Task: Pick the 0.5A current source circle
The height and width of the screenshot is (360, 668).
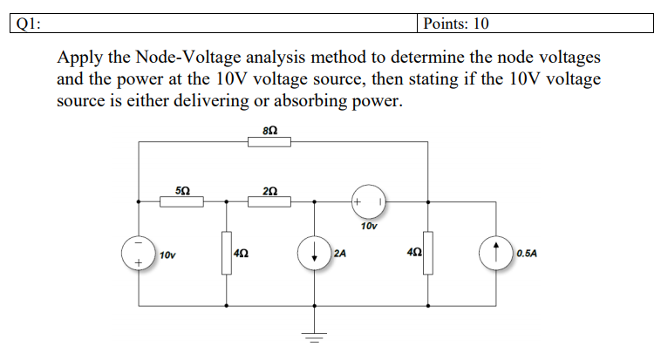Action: click(496, 254)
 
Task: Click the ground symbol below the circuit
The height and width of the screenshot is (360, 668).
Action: click(315, 336)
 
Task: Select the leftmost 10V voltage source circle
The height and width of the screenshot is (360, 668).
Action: click(139, 254)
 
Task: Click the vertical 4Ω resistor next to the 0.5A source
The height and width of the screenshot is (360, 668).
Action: click(427, 254)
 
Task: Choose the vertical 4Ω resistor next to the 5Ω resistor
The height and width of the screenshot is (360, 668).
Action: click(227, 254)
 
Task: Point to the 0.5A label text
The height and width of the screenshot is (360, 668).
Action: click(527, 254)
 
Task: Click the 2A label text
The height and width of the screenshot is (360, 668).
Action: click(340, 254)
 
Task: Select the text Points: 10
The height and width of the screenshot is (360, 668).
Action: click(456, 23)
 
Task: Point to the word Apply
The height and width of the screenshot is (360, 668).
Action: click(79, 58)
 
